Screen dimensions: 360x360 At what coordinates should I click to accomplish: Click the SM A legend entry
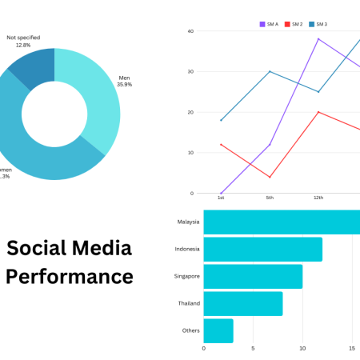pyautogui.click(x=269, y=25)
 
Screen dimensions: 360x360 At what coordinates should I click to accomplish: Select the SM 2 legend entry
pyautogui.click(x=293, y=25)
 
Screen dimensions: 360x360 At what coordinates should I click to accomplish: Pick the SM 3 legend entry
pyautogui.click(x=318, y=25)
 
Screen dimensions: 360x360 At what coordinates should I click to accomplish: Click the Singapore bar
pyautogui.click(x=253, y=276)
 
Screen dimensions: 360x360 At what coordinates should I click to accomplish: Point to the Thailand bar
pyautogui.click(x=243, y=303)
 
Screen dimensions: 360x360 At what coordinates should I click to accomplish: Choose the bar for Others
pyautogui.click(x=218, y=330)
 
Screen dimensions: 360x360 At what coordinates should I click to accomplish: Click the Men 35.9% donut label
pyautogui.click(x=125, y=81)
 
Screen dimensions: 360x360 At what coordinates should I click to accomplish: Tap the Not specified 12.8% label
pyautogui.click(x=23, y=41)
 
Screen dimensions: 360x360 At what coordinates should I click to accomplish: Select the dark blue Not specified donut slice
pyautogui.click(x=37, y=66)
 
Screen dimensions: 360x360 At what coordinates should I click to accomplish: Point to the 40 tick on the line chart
pyautogui.click(x=190, y=31)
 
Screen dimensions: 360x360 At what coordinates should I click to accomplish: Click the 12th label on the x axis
pyautogui.click(x=318, y=197)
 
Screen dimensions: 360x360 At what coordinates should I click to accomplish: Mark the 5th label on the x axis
pyautogui.click(x=270, y=197)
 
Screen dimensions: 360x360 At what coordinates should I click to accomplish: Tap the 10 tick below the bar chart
pyautogui.click(x=302, y=349)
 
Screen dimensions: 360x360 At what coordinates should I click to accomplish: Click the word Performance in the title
pyautogui.click(x=69, y=277)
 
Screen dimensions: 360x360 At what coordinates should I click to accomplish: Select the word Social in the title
pyautogui.click(x=37, y=248)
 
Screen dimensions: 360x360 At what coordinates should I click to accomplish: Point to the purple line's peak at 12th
pyautogui.click(x=318, y=38)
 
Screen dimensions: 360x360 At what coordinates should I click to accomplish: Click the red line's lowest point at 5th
pyautogui.click(x=270, y=177)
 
